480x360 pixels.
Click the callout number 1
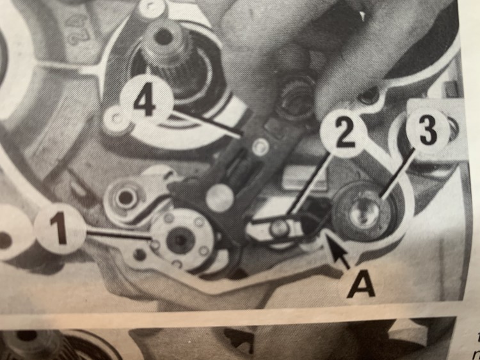tap(60, 228)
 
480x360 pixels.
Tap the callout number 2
tap(344, 134)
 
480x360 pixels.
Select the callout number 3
tap(428, 131)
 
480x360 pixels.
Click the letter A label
tap(360, 286)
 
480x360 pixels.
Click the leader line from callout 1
tap(120, 235)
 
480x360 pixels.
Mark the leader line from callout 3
tap(397, 172)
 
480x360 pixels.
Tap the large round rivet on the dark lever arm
tap(220, 198)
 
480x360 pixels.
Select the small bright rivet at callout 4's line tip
tap(260, 147)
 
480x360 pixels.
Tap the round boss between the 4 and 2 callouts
tap(296, 95)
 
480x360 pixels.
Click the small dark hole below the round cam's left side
tap(140, 254)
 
